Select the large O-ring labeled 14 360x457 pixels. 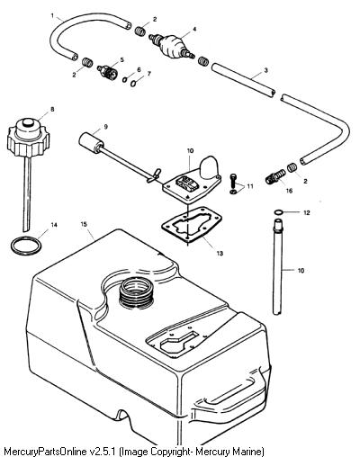(26, 246)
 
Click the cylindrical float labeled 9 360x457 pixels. (90, 142)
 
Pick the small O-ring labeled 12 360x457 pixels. (278, 212)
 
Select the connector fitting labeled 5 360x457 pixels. (108, 72)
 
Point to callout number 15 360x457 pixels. (84, 224)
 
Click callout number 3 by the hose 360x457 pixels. (265, 70)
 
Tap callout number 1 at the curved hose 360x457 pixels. (52, 15)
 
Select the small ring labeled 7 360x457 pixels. (133, 84)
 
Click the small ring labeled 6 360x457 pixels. (125, 80)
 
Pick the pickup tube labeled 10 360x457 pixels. (278, 266)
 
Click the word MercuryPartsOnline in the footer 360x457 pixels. (46, 451)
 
